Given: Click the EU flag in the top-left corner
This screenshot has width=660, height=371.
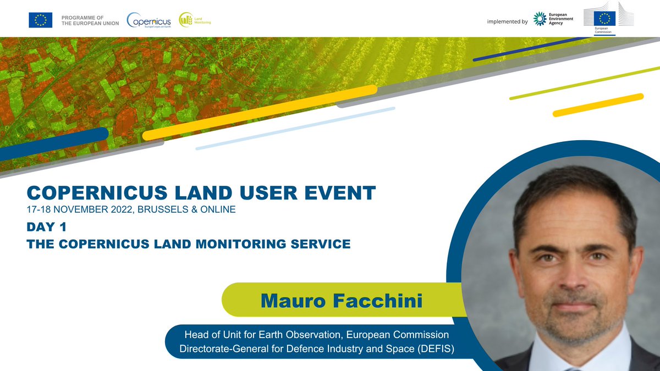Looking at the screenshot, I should pos(40,20).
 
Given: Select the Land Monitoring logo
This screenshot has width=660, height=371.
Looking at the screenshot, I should pos(194,20).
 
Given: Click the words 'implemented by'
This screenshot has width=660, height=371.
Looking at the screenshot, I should pos(507,21).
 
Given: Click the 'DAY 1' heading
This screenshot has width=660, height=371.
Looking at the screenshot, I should pos(46,226).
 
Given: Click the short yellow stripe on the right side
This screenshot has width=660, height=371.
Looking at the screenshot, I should pos(598,105).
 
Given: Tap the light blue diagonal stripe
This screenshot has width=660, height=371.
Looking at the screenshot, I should pos(295,128).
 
